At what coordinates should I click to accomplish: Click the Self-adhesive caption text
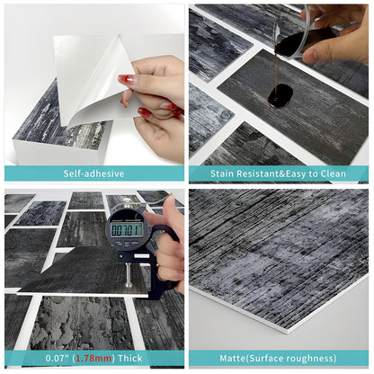click(x=93, y=174)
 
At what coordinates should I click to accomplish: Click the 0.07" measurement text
click(x=60, y=358)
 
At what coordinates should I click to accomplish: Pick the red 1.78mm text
click(x=98, y=358)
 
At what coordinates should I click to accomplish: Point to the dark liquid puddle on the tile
click(x=280, y=94)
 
